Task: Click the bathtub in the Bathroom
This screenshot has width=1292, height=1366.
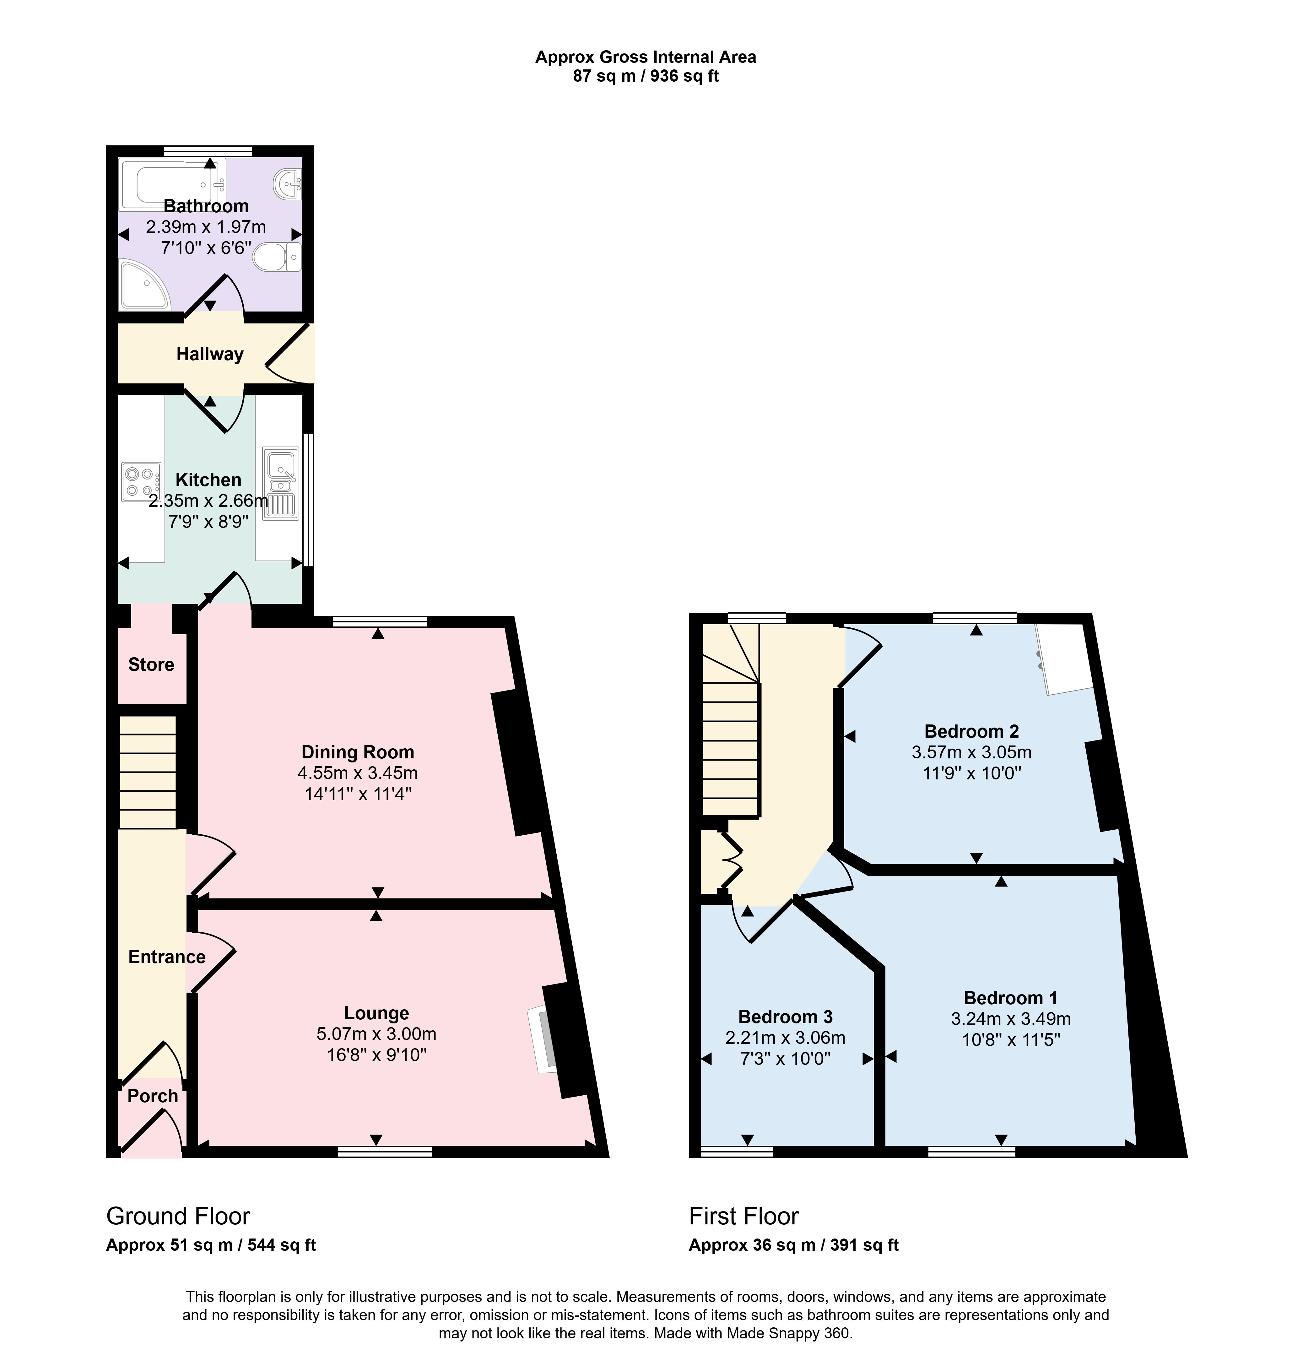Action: point(172,185)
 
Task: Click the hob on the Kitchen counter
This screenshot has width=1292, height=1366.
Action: point(141,481)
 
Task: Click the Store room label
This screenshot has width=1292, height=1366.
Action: point(151,665)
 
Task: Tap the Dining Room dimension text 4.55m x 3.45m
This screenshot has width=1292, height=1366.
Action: point(357,773)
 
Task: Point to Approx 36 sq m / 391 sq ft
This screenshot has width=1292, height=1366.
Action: point(793,1245)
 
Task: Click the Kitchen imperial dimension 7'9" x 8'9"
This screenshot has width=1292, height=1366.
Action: point(208,522)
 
